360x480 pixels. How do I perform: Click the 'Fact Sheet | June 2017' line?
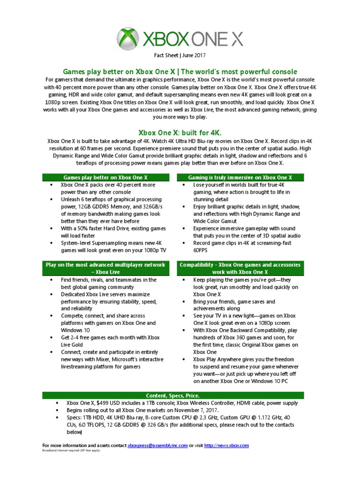[180, 55]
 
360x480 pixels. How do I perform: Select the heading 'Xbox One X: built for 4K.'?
[180, 133]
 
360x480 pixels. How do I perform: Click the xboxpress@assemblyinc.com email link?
[157, 445]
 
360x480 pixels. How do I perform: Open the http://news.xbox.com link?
[226, 445]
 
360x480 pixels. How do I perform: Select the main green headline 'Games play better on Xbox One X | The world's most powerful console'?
[180, 72]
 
